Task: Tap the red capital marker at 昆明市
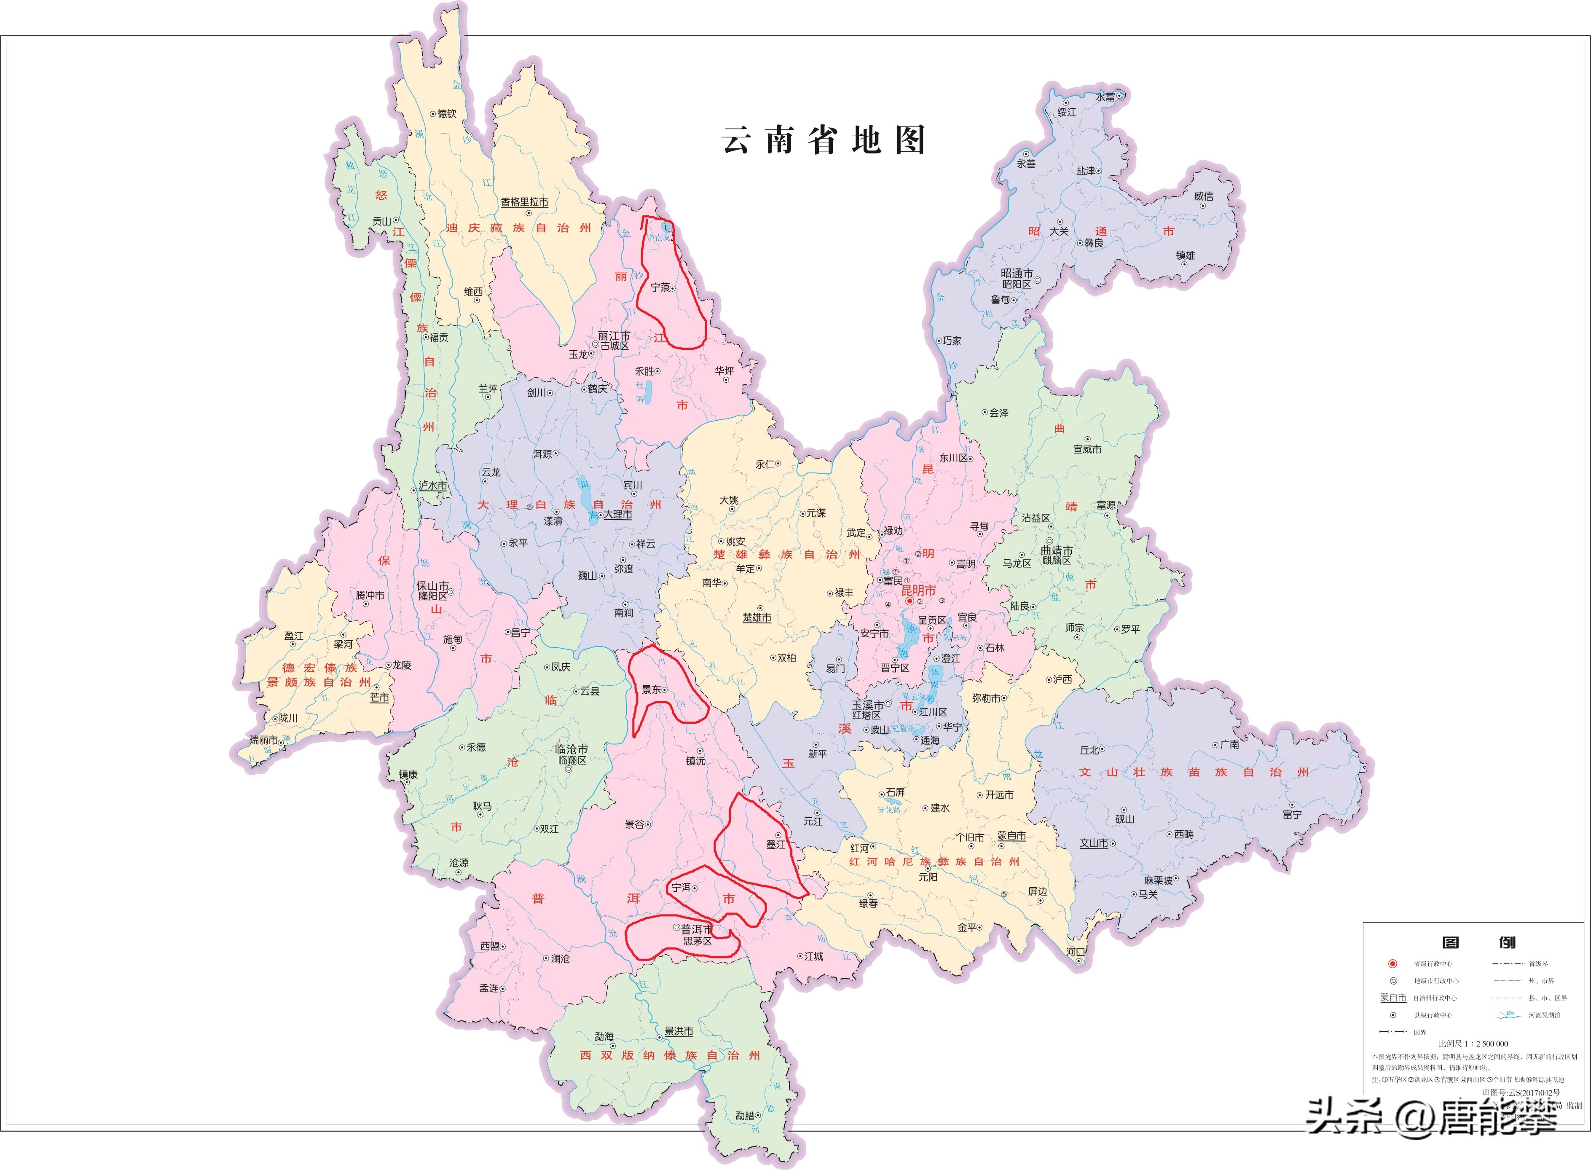pyautogui.click(x=909, y=601)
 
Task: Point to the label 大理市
pyautogui.click(x=617, y=515)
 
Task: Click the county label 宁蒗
pyautogui.click(x=660, y=287)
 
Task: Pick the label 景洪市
pyautogui.click(x=678, y=1032)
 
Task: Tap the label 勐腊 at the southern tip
pyautogui.click(x=744, y=1116)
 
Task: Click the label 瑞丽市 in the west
pyautogui.click(x=263, y=740)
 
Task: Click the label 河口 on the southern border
pyautogui.click(x=1075, y=952)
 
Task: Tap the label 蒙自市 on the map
pyautogui.click(x=1011, y=837)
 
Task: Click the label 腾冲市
pyautogui.click(x=370, y=596)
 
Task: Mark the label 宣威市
pyautogui.click(x=1087, y=449)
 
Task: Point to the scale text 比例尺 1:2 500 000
pyautogui.click(x=1473, y=1043)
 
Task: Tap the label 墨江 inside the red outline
pyautogui.click(x=776, y=844)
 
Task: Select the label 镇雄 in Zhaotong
pyautogui.click(x=1185, y=256)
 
